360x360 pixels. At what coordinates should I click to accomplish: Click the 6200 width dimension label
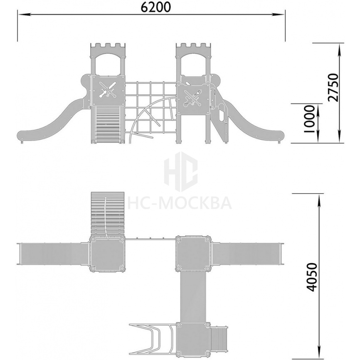[x=155, y=7]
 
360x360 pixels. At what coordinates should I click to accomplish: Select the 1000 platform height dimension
[x=309, y=119]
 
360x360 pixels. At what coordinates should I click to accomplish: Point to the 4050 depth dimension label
[x=312, y=277]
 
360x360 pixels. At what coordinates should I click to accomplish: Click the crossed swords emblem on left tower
[x=108, y=90]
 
